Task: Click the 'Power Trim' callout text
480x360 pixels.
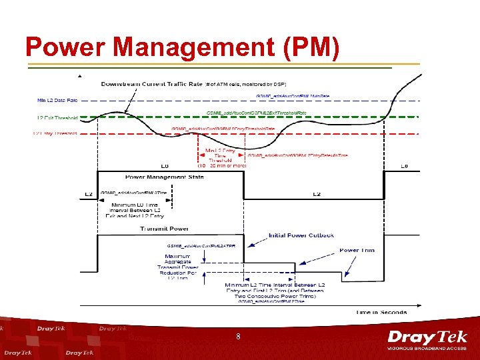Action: point(357,250)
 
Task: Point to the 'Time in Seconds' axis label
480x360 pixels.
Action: point(381,312)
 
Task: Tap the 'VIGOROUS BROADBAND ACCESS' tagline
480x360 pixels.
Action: point(427,349)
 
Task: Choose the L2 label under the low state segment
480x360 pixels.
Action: point(317,194)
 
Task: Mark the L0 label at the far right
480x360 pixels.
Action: point(403,166)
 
